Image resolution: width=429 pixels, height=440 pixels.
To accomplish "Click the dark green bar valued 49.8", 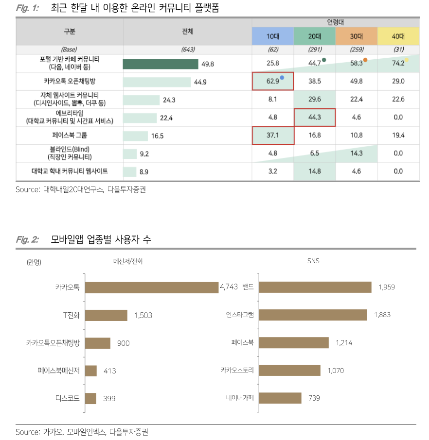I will (x=161, y=64).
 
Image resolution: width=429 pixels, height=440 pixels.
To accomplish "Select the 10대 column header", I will (x=273, y=36).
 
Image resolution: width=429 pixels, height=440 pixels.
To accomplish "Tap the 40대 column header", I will (x=398, y=36).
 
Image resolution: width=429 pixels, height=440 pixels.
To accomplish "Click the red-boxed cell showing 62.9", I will (x=273, y=81).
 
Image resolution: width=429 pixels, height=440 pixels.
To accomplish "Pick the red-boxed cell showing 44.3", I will (x=315, y=118).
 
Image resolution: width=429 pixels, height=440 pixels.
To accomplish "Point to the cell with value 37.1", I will (x=273, y=135).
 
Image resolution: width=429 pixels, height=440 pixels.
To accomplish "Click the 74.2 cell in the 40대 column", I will (x=398, y=63).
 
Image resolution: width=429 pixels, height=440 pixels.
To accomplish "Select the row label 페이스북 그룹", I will (x=70, y=135).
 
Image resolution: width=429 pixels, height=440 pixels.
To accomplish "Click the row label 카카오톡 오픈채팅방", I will (x=70, y=81).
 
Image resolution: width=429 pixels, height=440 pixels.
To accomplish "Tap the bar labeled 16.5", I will (x=136, y=136).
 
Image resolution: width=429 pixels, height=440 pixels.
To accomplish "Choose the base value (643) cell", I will (x=188, y=50).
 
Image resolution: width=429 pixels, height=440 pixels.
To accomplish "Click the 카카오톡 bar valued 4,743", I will (x=152, y=287).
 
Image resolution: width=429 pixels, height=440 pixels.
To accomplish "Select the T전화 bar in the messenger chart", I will (x=107, y=315).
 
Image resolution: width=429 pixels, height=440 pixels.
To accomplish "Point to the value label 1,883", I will (x=382, y=315).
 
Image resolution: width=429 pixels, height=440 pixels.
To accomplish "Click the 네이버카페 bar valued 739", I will (x=281, y=398).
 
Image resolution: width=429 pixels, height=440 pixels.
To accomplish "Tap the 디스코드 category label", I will (x=68, y=399).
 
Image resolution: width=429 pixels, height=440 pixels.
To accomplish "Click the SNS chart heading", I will (x=313, y=261).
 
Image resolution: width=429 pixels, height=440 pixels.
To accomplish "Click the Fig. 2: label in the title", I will (x=27, y=239).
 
